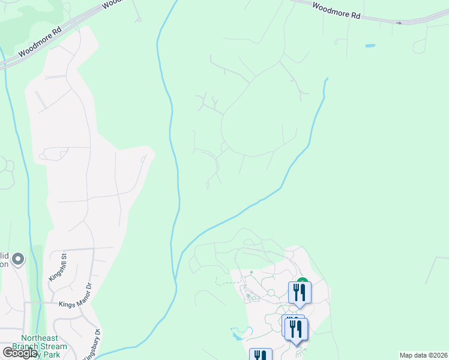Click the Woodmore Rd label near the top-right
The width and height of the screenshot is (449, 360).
click(x=336, y=11)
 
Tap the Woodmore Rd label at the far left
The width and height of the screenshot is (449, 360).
click(x=40, y=42)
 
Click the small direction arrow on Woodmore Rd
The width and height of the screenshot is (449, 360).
click(x=399, y=23)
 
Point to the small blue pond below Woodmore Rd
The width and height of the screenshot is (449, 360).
click(x=370, y=46)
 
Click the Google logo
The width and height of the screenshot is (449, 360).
click(x=19, y=353)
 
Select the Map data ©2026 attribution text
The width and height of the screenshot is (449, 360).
click(x=423, y=355)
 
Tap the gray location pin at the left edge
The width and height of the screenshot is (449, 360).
click(x=18, y=259)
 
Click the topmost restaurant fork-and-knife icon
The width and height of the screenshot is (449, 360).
click(x=300, y=293)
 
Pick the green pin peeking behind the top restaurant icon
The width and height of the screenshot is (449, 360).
click(x=303, y=280)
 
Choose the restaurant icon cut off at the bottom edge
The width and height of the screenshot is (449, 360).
click(x=261, y=355)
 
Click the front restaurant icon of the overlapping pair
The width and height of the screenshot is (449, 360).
click(x=297, y=329)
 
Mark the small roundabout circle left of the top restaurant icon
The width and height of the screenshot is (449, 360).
click(x=271, y=292)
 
